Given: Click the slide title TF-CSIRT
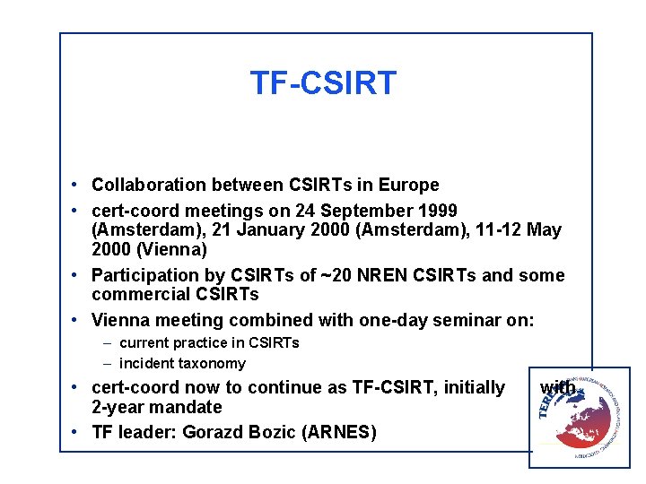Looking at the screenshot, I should coord(323,83).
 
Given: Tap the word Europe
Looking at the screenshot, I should coord(407,186).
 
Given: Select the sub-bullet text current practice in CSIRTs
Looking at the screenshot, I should coord(209,343).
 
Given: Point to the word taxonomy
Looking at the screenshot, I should coord(212,364).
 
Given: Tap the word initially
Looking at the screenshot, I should coord(470,388).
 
